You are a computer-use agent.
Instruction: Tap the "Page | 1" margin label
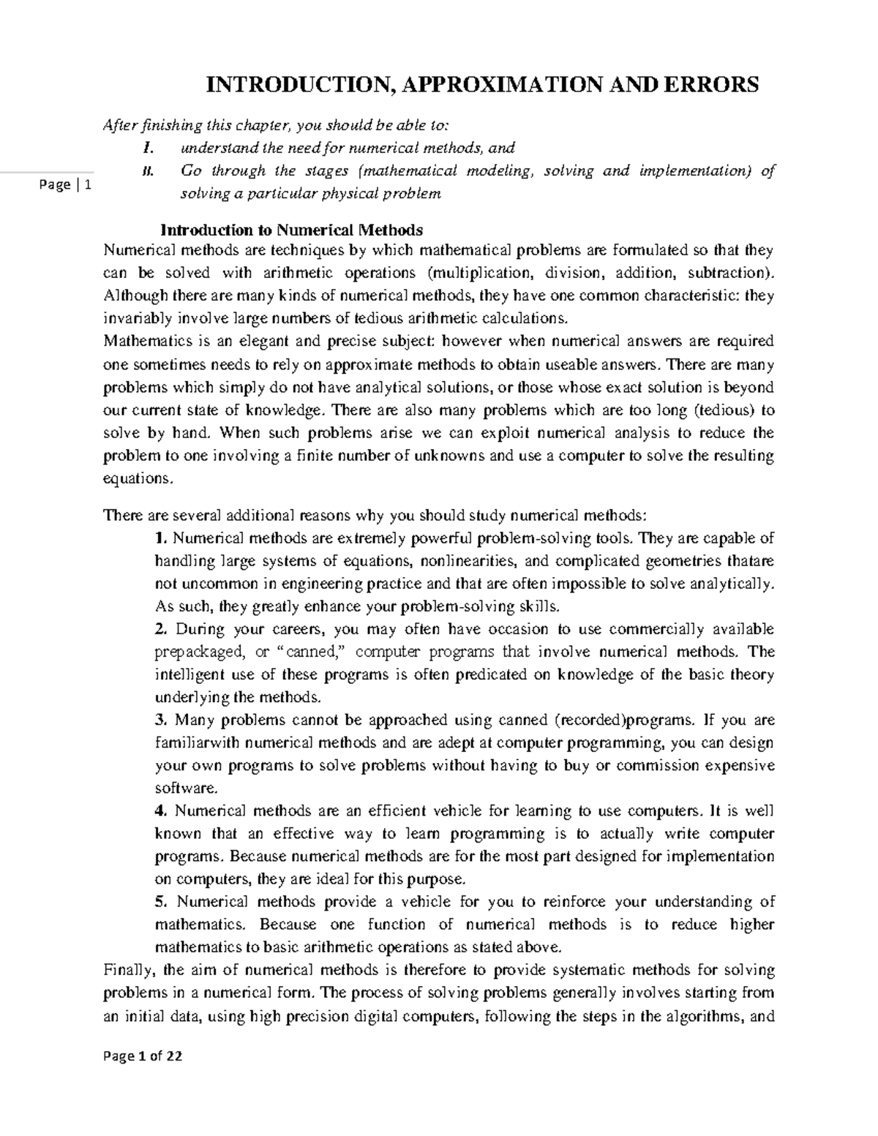click(66, 185)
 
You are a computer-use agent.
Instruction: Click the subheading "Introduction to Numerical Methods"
click(291, 230)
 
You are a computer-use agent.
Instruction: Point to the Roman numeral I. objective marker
click(149, 148)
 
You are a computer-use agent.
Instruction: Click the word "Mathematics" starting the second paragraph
click(146, 342)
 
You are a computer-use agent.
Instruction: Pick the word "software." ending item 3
click(187, 789)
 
